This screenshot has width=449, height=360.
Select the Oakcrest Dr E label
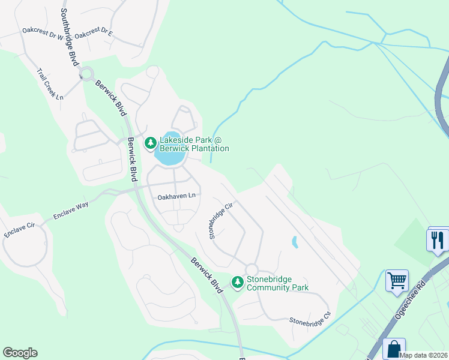point(93,32)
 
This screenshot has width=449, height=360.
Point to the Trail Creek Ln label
point(50,87)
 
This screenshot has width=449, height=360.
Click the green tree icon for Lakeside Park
point(150,143)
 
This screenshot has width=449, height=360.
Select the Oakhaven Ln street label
point(176,196)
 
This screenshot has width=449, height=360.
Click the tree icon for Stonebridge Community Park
point(238,281)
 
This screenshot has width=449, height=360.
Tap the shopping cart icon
point(397,280)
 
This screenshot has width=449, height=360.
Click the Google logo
point(20,353)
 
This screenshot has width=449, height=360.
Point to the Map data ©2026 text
point(424,355)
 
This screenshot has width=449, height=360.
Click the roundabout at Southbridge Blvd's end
point(86,74)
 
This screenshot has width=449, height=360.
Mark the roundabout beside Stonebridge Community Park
point(251,269)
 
